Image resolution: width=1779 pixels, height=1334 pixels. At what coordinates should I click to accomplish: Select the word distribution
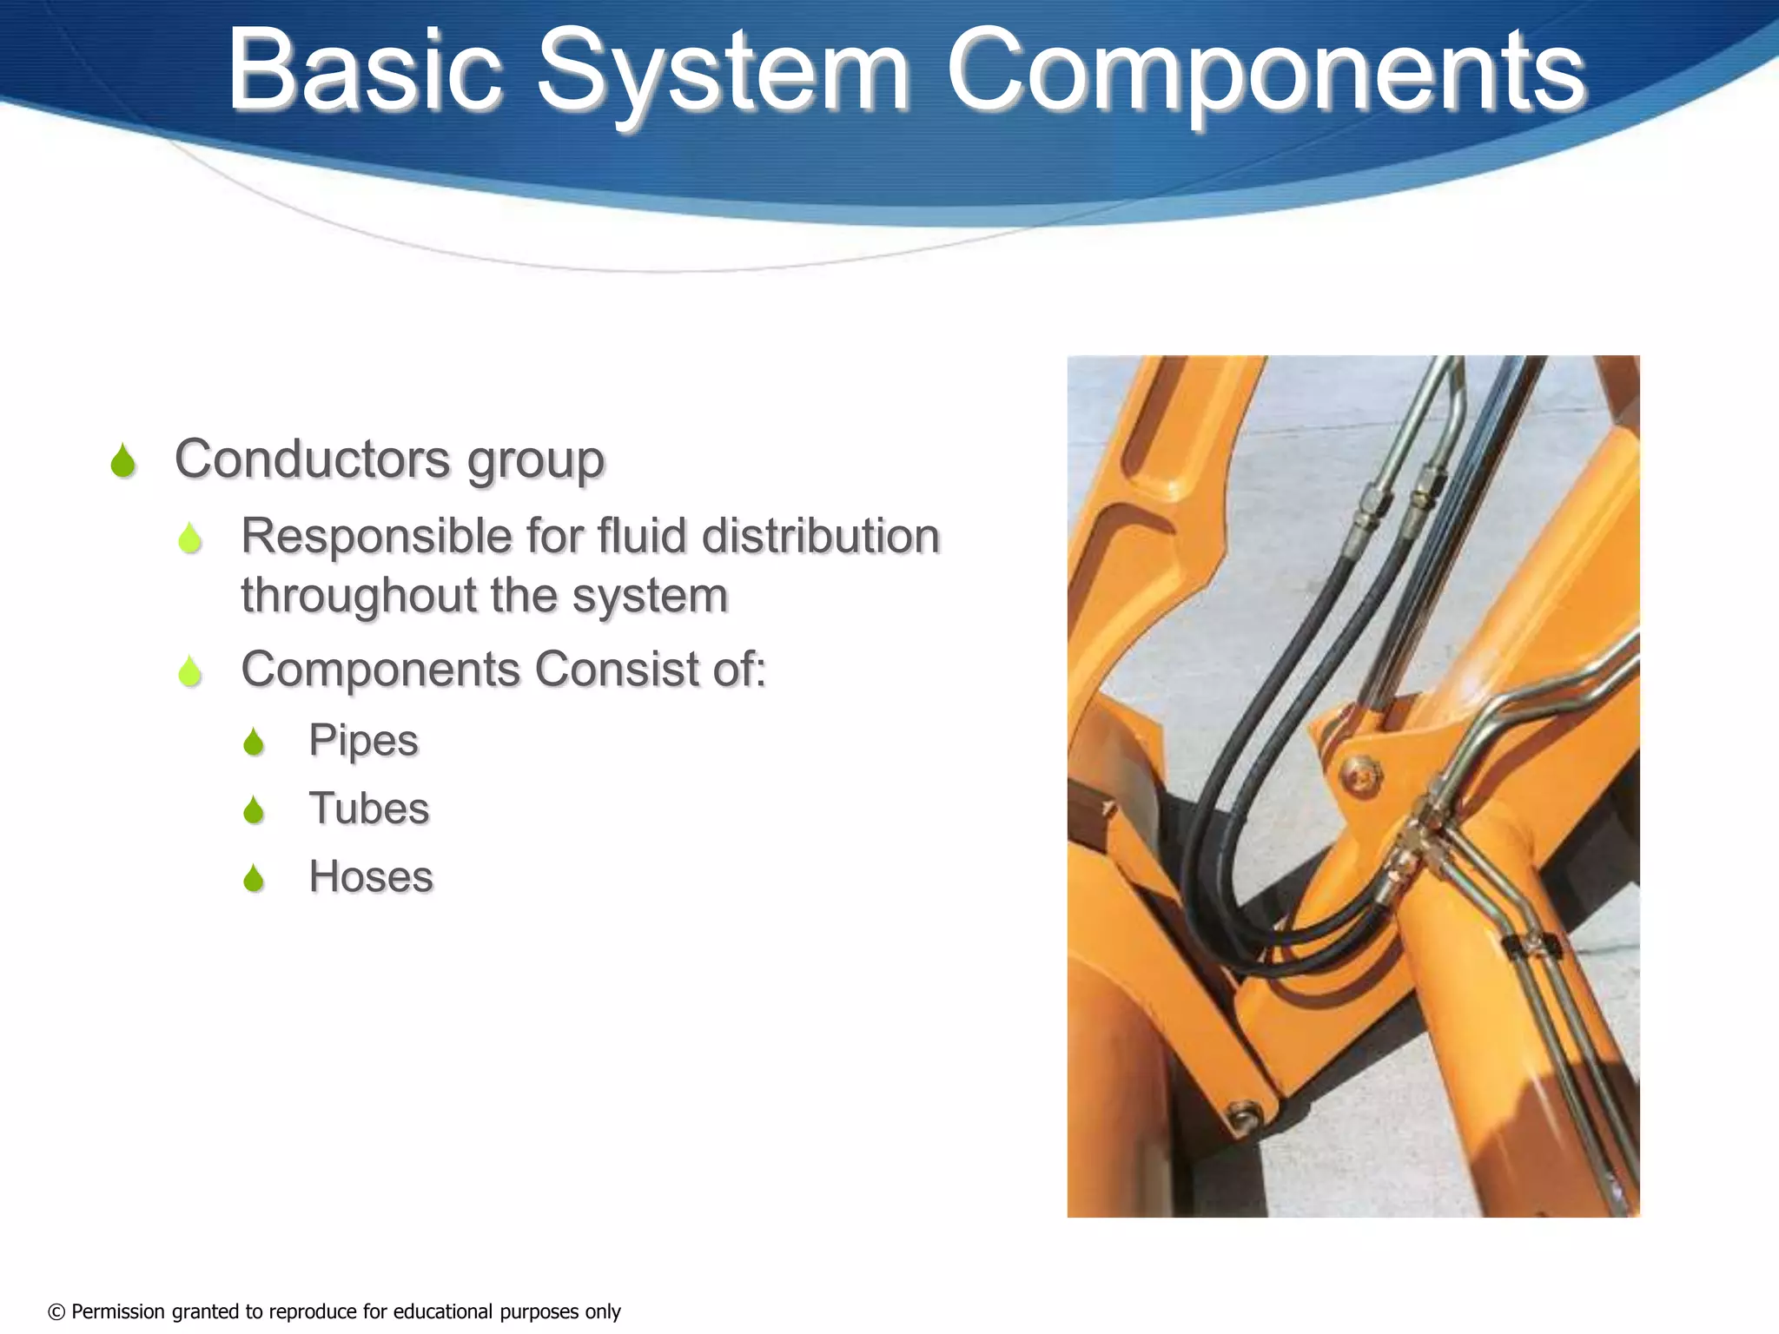pos(820,535)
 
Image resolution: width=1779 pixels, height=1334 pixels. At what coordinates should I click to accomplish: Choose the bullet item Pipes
pos(363,741)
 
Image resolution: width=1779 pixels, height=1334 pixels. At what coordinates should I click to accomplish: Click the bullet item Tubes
pos(368,809)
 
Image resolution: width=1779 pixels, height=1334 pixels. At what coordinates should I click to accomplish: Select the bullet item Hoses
pos(370,876)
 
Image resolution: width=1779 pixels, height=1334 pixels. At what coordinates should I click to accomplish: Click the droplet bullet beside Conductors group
pos(123,461)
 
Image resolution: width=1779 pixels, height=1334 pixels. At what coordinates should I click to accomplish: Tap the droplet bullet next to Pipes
pos(254,743)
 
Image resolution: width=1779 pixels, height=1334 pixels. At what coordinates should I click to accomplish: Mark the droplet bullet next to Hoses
pos(254,879)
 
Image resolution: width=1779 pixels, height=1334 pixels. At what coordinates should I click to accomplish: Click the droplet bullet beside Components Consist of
pos(189,671)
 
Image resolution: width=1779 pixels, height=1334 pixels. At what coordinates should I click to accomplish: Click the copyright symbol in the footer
pos(56,1311)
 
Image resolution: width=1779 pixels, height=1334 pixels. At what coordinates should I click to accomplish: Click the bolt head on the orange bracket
pos(1359,771)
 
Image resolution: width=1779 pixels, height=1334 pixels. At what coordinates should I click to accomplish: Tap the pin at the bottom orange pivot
pos(1242,1115)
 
